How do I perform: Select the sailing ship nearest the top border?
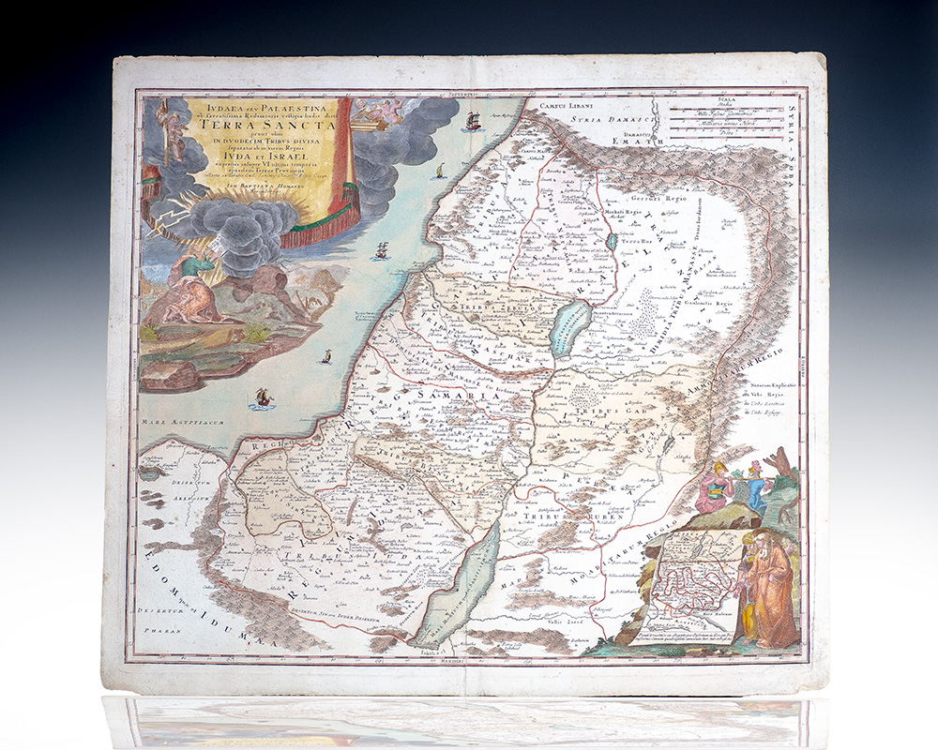tap(473, 121)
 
